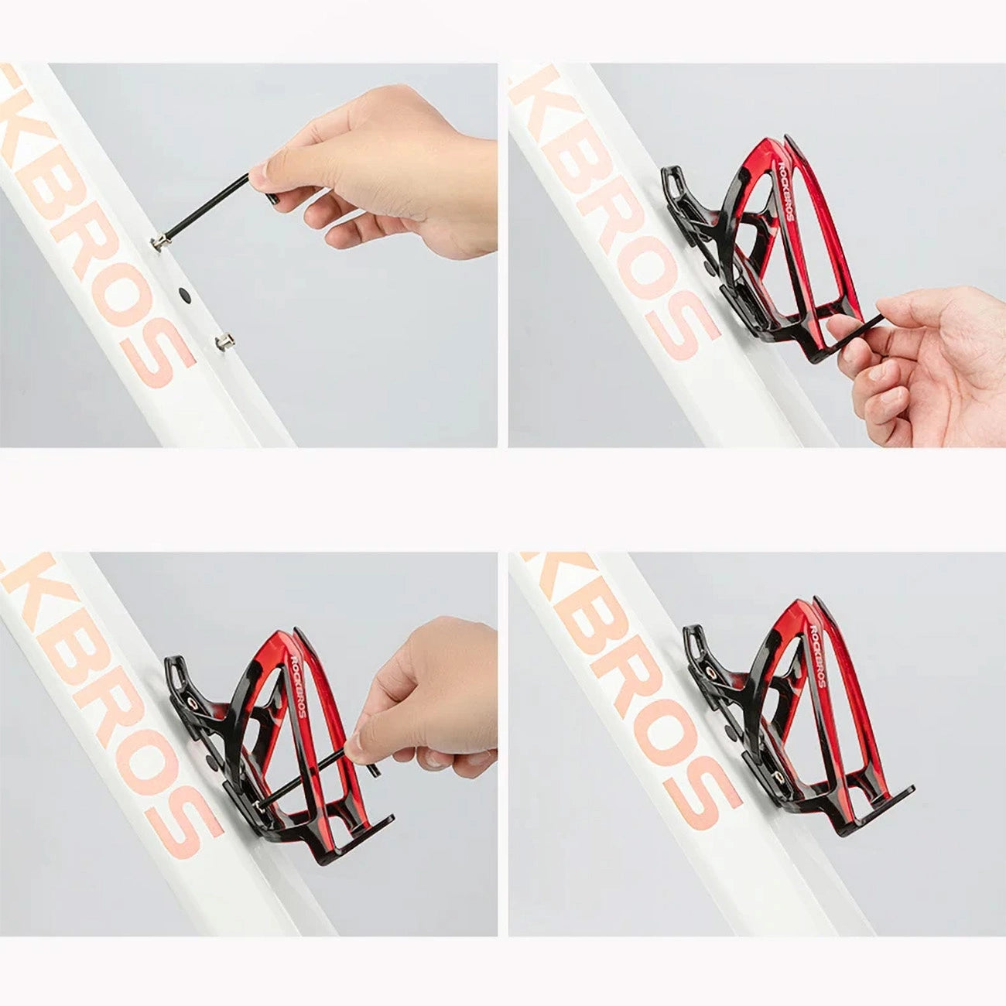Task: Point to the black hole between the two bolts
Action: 183,293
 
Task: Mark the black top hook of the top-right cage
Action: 681,190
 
